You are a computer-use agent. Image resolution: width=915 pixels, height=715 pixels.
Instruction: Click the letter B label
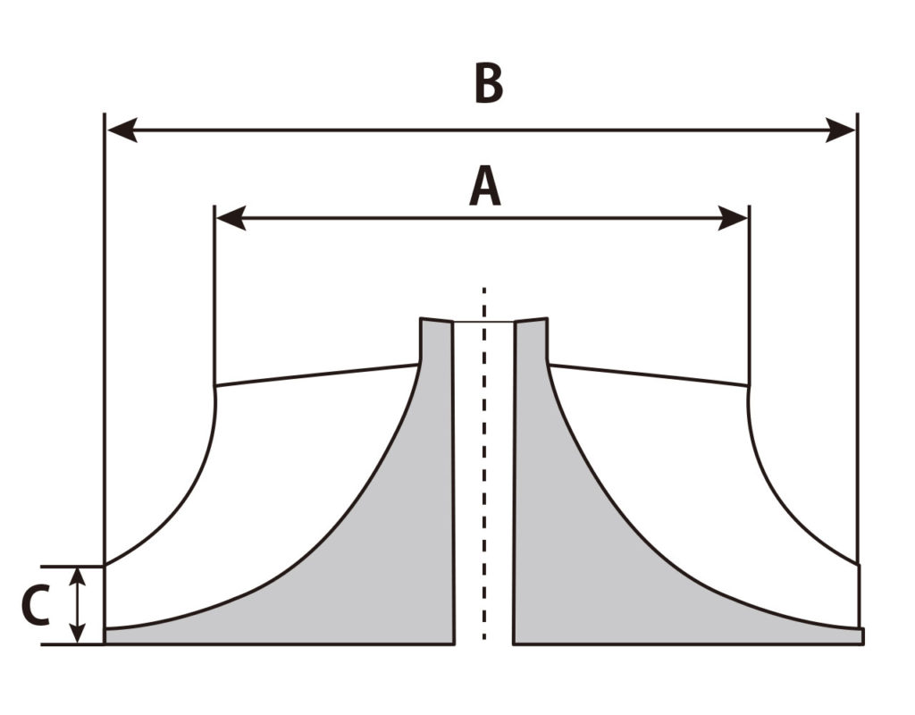pyautogui.click(x=488, y=84)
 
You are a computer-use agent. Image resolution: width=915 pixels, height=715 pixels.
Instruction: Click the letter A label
pyautogui.click(x=485, y=188)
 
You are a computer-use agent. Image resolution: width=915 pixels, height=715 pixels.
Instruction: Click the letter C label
pyautogui.click(x=35, y=605)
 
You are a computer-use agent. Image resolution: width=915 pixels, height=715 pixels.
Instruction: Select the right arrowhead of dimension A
pyautogui.click(x=735, y=217)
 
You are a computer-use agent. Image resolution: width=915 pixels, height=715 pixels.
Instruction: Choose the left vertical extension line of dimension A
pyautogui.click(x=215, y=295)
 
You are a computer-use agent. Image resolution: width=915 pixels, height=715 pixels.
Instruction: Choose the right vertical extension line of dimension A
pyautogui.click(x=749, y=295)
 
